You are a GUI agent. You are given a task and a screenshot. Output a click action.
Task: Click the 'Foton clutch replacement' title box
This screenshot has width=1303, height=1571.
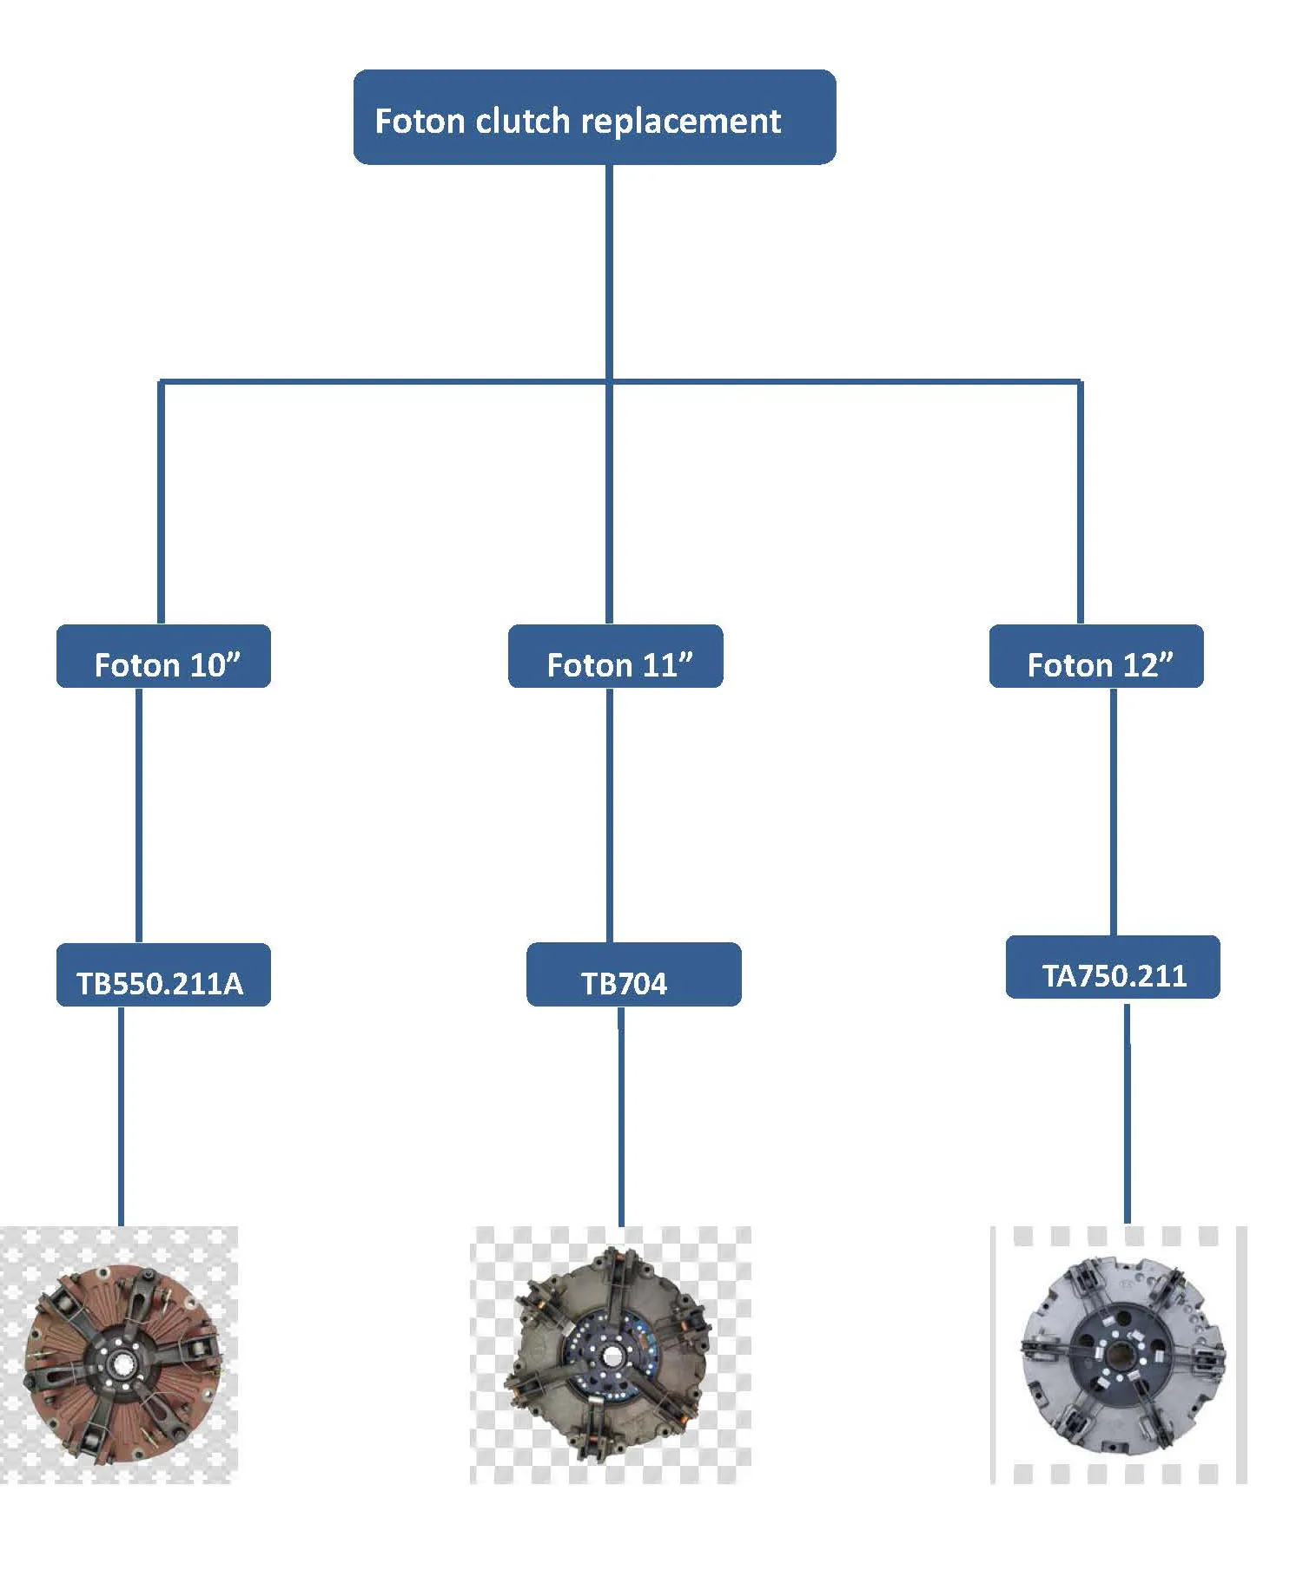[x=594, y=117]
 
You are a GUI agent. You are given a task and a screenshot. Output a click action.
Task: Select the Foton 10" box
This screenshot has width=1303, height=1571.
[x=163, y=657]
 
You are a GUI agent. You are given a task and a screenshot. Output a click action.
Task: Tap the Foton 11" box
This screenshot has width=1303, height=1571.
[x=615, y=657]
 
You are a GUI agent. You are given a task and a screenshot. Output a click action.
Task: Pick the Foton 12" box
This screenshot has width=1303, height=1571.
[x=1096, y=657]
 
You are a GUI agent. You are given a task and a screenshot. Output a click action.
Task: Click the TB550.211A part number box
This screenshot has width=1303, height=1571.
[x=163, y=975]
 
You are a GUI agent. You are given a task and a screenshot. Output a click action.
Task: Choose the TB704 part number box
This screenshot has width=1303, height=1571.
[x=633, y=975]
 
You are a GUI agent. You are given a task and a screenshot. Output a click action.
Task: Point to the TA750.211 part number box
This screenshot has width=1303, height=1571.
[x=1113, y=967]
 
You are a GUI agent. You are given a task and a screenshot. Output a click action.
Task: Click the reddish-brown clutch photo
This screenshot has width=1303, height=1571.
[x=120, y=1356]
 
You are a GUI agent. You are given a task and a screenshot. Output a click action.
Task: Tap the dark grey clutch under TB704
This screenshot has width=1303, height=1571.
[x=611, y=1354]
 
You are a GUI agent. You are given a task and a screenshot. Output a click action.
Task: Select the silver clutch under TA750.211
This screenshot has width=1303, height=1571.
[x=1121, y=1354]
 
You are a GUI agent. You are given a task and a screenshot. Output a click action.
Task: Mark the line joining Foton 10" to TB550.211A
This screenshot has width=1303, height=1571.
[x=139, y=815]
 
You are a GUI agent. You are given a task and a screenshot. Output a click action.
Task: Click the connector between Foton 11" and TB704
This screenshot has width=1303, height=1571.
[x=609, y=815]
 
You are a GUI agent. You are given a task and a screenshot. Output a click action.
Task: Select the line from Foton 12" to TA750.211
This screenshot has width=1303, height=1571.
[x=1114, y=811]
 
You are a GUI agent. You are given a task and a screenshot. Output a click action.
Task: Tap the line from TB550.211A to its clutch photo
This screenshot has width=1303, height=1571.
[x=120, y=1116]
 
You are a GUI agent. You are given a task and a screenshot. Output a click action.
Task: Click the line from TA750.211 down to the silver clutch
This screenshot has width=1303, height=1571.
[x=1127, y=1112]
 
